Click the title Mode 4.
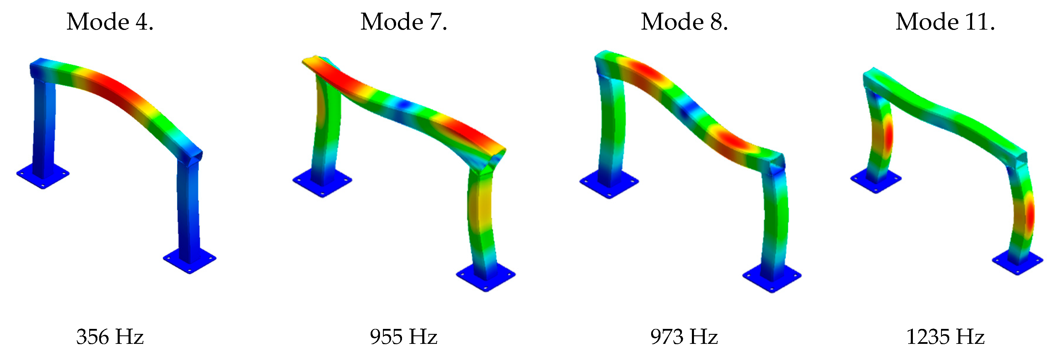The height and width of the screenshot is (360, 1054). [110, 22]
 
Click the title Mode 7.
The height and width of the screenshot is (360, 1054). [403, 22]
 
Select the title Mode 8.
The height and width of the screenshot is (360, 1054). [684, 22]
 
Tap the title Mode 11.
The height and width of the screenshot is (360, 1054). [945, 22]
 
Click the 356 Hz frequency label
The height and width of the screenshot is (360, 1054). [110, 337]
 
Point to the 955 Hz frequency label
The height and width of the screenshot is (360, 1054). [403, 337]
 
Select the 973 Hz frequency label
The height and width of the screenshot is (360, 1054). [684, 337]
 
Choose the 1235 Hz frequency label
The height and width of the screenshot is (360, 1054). [945, 337]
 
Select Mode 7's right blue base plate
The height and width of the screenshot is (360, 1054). [486, 280]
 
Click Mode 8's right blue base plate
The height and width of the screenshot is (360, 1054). [772, 281]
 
